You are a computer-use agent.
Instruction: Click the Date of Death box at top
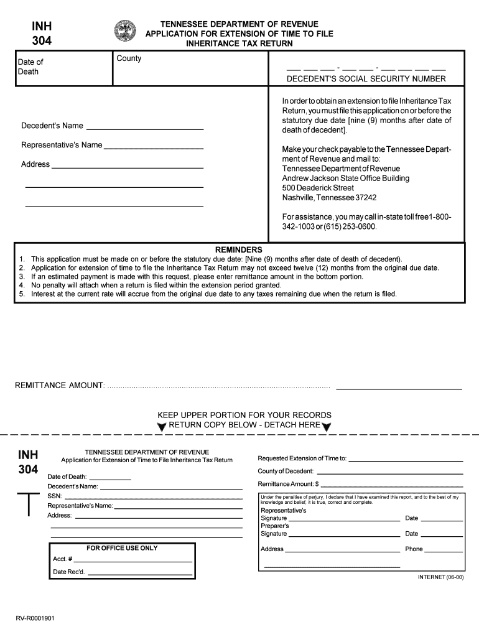[x=63, y=68]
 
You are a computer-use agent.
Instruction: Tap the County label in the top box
[x=129, y=58]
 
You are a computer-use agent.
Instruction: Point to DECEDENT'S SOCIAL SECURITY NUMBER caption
[x=366, y=79]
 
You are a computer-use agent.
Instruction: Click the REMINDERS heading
[x=238, y=249]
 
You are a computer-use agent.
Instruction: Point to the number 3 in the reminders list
[x=22, y=276]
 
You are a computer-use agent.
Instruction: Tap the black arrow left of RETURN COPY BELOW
[x=162, y=427]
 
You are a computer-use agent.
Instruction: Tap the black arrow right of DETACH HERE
[x=327, y=427]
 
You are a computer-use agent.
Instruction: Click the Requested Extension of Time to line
[x=406, y=460]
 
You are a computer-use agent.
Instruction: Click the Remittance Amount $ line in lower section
[x=392, y=485]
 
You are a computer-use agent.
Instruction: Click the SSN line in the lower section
[x=153, y=498]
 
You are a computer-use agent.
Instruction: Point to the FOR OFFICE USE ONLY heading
[x=122, y=548]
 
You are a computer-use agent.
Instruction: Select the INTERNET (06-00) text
[x=440, y=577]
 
